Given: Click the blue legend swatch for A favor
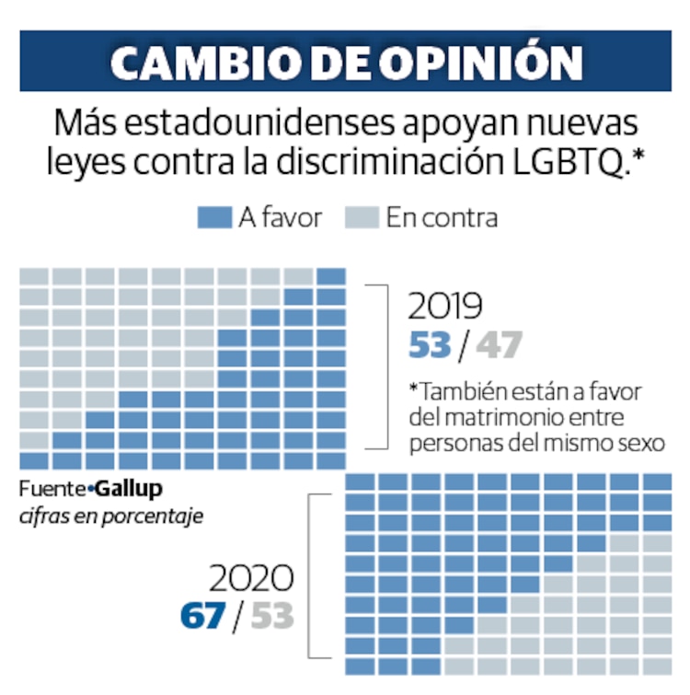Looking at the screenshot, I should point(213,217).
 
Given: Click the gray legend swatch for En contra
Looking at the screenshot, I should point(362,217).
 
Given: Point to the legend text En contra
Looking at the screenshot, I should point(442,217).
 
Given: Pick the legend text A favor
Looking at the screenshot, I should point(280,217).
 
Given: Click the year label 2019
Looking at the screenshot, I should point(445,306).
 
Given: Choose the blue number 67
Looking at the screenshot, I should point(202,616).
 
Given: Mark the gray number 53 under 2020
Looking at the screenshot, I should point(271,616).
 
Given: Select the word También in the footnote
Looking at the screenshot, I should point(457,391).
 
